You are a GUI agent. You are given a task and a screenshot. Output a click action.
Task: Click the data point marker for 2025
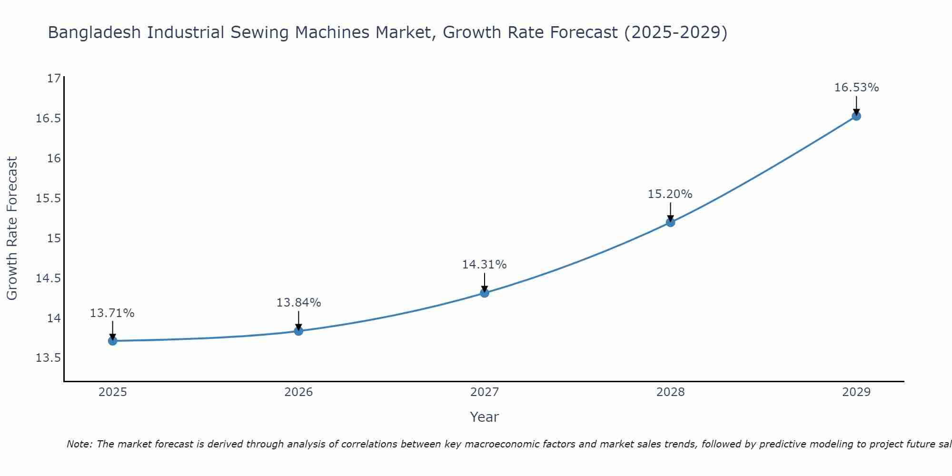pyautogui.click(x=113, y=341)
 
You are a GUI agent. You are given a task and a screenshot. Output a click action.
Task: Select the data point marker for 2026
pyautogui.click(x=298, y=331)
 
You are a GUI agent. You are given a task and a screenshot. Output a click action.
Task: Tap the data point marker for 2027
pyautogui.click(x=485, y=293)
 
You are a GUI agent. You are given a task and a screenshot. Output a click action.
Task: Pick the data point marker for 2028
pyautogui.click(x=670, y=222)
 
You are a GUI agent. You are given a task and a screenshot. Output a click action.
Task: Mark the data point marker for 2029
pyautogui.click(x=856, y=116)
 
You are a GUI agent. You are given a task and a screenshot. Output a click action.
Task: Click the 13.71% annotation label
pyautogui.click(x=112, y=313)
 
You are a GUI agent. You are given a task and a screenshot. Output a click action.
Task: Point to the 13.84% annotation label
pyautogui.click(x=298, y=303)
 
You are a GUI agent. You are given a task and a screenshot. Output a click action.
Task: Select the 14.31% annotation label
pyautogui.click(x=485, y=265)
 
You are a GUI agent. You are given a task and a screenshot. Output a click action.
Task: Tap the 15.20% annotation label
pyautogui.click(x=670, y=194)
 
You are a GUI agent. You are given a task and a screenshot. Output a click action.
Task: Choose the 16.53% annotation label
pyautogui.click(x=856, y=88)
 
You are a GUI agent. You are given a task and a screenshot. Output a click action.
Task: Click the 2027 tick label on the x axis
pyautogui.click(x=485, y=392)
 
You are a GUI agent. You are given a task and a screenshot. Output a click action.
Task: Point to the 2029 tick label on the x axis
pyautogui.click(x=856, y=392)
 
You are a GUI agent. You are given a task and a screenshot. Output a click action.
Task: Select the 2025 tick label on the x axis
pyautogui.click(x=113, y=392)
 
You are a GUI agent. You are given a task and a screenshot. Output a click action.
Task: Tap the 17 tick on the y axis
pyautogui.click(x=55, y=79)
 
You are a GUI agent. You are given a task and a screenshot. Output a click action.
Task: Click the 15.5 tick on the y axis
pyautogui.click(x=49, y=198)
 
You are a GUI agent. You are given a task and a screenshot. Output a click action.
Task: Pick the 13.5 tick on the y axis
pyautogui.click(x=49, y=358)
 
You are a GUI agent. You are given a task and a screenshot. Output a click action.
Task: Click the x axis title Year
pyautogui.click(x=485, y=417)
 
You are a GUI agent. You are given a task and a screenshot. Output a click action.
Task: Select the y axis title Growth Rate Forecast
pyautogui.click(x=12, y=228)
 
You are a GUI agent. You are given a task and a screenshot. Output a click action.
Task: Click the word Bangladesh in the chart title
pyautogui.click(x=95, y=32)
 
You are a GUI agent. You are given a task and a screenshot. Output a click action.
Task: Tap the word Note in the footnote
pyautogui.click(x=79, y=444)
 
